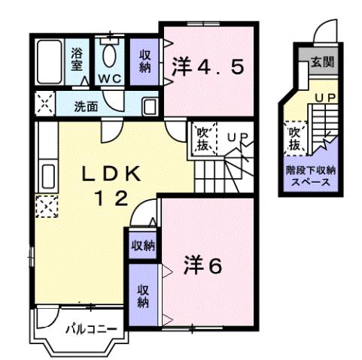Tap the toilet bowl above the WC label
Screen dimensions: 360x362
[111, 56]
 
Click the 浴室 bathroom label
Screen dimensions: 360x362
[78, 60]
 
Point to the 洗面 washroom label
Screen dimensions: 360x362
[85, 106]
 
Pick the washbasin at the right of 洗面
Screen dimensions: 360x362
[150, 105]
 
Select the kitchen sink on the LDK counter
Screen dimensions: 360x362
[44, 177]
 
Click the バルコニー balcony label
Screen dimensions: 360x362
[90, 328]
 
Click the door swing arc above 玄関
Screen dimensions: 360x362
[322, 32]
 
